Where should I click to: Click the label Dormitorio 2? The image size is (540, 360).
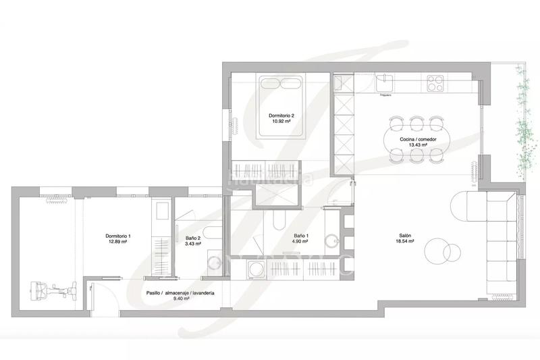280,115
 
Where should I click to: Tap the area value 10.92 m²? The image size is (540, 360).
280,122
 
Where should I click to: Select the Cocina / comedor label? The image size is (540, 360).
418,139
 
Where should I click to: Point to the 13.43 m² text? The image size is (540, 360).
418,146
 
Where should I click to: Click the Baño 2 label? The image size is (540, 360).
193,237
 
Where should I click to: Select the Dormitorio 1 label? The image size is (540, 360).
118,236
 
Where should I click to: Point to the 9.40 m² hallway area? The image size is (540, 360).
180,299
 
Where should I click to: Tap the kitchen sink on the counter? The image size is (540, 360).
386,82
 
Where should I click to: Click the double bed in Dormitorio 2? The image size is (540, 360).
281,101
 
